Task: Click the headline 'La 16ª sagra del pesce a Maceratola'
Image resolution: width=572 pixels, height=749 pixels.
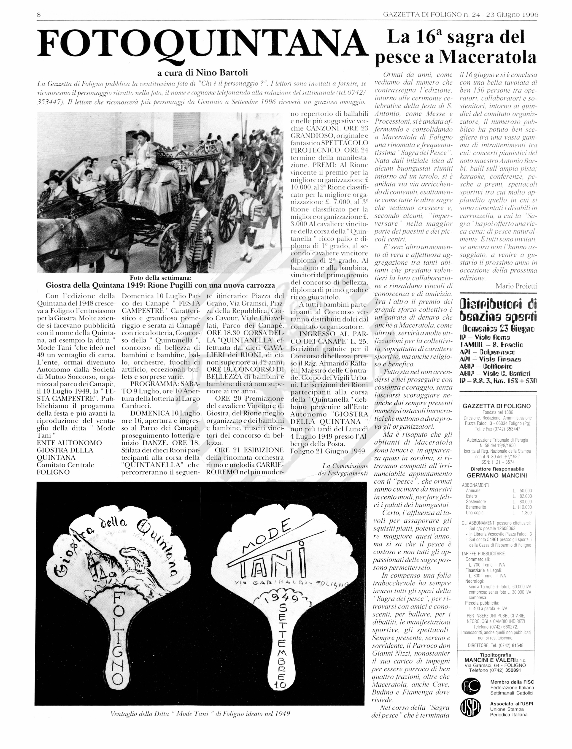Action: [x=455, y=47]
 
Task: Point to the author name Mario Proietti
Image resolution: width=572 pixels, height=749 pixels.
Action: [x=516, y=286]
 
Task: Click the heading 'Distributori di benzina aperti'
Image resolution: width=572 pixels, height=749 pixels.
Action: [x=498, y=310]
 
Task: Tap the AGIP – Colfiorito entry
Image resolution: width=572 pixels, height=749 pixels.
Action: [x=488, y=366]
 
